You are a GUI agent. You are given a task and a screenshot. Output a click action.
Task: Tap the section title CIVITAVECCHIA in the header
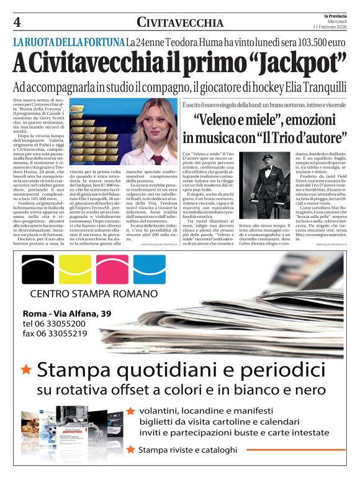[180, 23]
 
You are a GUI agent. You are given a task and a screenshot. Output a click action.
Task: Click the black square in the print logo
[38, 269]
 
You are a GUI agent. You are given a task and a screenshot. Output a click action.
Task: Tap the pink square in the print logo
[112, 269]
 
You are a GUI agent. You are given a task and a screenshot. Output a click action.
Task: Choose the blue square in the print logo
[150, 269]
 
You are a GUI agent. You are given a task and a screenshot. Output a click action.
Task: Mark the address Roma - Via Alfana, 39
[67, 313]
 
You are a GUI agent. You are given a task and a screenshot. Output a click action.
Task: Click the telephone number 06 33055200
[61, 324]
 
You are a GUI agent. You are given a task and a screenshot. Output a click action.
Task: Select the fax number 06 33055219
[61, 333]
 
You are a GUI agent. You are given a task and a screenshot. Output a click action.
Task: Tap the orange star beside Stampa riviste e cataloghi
[130, 449]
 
